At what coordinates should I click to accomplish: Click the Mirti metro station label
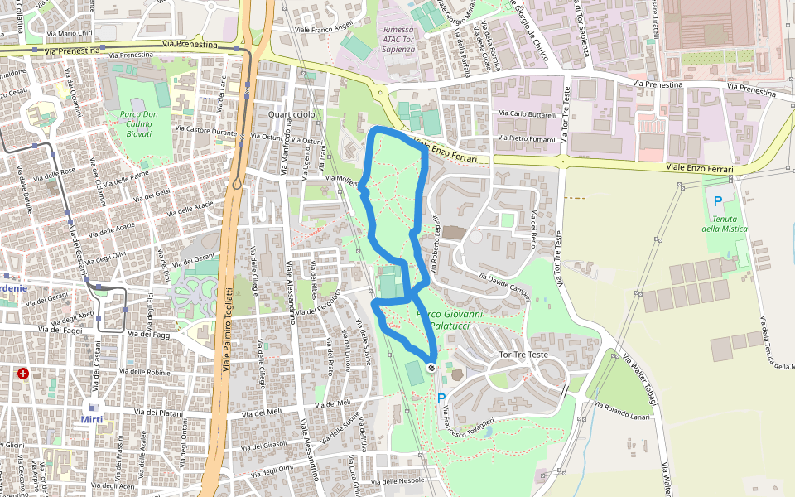pyautogui.click(x=92, y=419)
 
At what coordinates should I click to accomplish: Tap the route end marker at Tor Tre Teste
pyautogui.click(x=431, y=367)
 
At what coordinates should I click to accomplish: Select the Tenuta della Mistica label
pyautogui.click(x=724, y=224)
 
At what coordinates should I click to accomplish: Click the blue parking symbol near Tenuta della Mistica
pyautogui.click(x=717, y=201)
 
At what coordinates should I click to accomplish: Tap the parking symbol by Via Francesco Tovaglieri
pyautogui.click(x=441, y=398)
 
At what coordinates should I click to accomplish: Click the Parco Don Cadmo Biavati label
pyautogui.click(x=135, y=123)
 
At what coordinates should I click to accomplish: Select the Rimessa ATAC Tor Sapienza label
pyautogui.click(x=399, y=40)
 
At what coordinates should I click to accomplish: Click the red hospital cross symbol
pyautogui.click(x=23, y=374)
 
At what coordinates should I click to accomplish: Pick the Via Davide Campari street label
pyautogui.click(x=503, y=285)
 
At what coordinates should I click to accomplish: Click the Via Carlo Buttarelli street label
pyautogui.click(x=528, y=113)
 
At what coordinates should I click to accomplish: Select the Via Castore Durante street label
pyautogui.click(x=207, y=131)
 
